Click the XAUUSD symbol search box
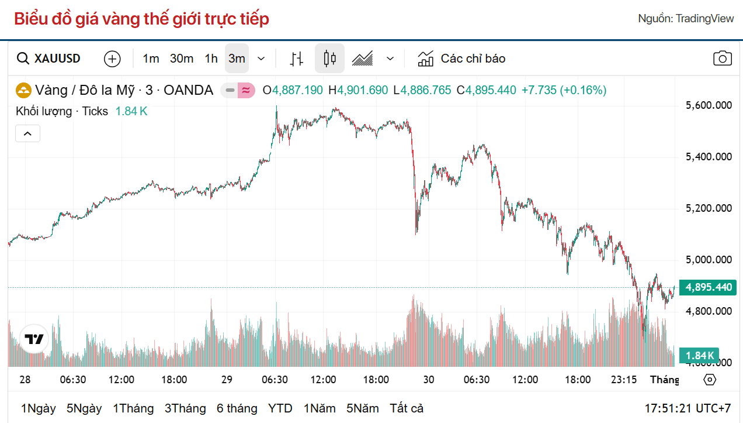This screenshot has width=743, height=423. [49, 59]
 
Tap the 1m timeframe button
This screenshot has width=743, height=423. [151, 59]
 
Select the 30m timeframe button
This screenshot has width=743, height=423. [182, 59]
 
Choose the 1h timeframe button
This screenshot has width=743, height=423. [211, 59]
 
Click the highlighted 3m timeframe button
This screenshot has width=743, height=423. [237, 59]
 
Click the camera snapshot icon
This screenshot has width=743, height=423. [723, 59]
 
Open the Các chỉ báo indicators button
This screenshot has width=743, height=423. [461, 59]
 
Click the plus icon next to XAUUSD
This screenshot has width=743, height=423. [112, 59]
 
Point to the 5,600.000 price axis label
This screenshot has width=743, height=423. [708, 105]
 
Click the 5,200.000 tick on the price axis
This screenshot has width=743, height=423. [708, 208]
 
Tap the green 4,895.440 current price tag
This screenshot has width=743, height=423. [708, 287]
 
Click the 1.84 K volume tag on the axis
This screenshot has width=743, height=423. [700, 355]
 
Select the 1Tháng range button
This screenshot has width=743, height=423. [133, 408]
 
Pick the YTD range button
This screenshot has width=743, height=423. [280, 408]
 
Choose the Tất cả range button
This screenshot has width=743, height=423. [407, 408]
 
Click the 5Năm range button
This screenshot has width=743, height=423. [362, 408]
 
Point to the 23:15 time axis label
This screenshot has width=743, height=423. [624, 380]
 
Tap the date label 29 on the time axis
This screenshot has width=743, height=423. [227, 380]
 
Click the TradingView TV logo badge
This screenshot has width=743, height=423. [34, 339]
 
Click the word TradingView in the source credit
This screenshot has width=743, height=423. [704, 19]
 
